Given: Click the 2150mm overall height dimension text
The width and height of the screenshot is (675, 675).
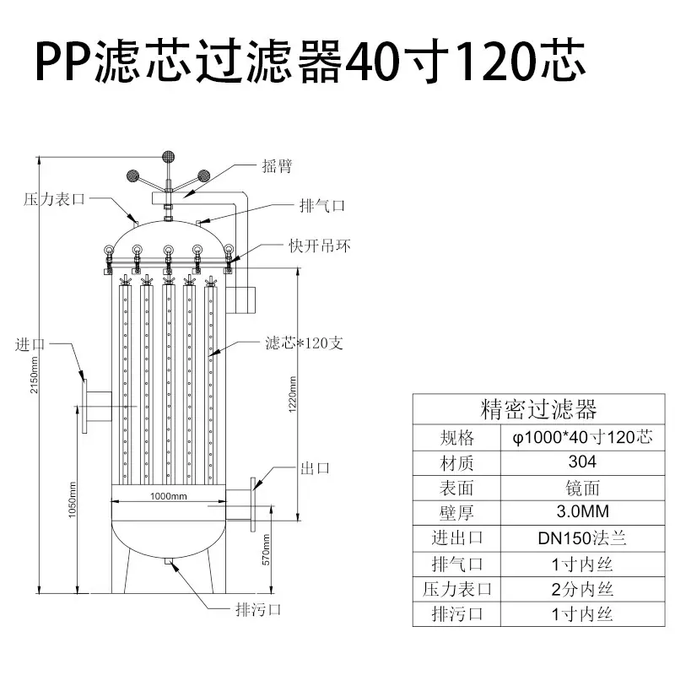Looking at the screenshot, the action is coord(34,375).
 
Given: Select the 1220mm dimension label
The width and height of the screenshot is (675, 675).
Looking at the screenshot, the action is coord(292,394).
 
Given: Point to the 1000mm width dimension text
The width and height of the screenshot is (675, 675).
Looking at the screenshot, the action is coord(168,496).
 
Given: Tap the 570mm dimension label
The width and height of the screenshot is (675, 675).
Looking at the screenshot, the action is coord(266,550).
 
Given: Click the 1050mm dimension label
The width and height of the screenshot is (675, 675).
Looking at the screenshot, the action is coord(72,499).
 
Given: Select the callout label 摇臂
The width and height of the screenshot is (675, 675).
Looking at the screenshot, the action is coord(278,165).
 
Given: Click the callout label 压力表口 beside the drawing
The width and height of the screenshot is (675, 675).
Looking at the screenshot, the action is coord(54,199).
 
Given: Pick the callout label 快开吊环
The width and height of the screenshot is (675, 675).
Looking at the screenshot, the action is coord(320,246).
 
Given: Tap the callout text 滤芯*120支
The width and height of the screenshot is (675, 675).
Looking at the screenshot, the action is coord(305,343).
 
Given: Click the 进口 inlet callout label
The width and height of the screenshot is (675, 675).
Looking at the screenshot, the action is coord(30,344).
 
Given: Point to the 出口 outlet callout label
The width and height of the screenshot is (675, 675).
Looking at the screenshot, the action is coord(315,468).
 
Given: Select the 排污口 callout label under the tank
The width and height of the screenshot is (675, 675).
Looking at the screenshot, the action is coord(258,609).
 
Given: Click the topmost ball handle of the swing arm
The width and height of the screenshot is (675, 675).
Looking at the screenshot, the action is coord(168,156).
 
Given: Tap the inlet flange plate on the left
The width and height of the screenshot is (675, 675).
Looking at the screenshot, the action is coord(84,406).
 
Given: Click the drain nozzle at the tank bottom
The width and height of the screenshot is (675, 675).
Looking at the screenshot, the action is coord(169,560).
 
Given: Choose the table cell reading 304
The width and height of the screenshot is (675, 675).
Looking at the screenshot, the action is coord(582,462).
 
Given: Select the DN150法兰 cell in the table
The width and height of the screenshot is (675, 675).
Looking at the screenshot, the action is coord(582,538).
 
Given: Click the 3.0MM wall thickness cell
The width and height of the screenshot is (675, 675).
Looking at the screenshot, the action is coord(582,512).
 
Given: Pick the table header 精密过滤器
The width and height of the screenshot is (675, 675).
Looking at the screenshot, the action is coord(538,409).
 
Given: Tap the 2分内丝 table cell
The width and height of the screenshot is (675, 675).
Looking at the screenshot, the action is coord(582,589).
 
